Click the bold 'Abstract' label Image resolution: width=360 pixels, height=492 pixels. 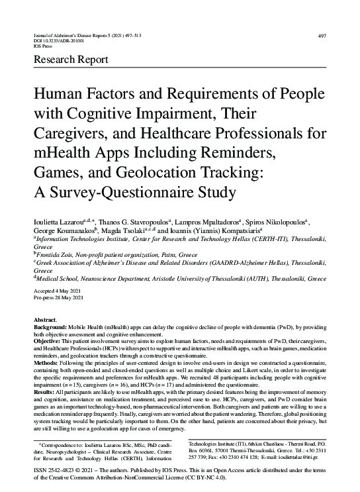click(x=46, y=320)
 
